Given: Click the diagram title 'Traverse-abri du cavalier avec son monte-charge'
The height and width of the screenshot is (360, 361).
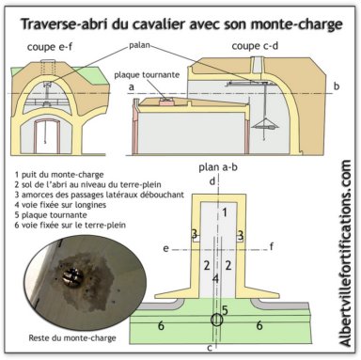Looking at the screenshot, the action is tap(181, 24).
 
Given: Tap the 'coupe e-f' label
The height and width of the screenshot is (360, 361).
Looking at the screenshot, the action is tap(50, 47).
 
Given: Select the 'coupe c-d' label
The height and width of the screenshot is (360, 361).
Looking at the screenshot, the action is tap(255, 46).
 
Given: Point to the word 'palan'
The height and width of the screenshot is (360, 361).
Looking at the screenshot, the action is tap(139, 46).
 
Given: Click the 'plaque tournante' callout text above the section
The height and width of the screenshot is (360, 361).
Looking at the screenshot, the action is tap(147, 75).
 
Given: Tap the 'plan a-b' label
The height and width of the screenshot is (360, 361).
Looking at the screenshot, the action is tap(218, 167).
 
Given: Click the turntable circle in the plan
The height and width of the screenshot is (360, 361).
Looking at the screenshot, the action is tap(216, 320).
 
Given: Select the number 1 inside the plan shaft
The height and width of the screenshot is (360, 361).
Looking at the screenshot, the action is tap(225, 212).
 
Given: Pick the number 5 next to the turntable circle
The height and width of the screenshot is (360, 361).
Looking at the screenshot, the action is tap(225, 310).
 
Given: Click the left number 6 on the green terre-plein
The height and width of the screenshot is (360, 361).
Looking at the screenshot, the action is tap(161, 326).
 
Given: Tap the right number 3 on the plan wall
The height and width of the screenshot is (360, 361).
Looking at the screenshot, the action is tap(241, 234).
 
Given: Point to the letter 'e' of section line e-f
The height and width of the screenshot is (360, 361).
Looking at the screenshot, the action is tap(165, 249).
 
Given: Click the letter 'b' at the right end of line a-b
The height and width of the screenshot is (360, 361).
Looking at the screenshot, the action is tap(337, 86).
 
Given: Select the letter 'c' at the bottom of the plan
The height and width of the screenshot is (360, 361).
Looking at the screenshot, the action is tap(210, 348).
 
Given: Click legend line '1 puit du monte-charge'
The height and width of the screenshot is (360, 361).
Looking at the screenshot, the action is tap(59, 175).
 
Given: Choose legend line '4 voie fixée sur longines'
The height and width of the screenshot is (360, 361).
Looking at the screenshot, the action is tap(60, 205).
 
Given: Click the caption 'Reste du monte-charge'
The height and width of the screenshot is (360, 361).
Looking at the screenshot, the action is tap(72, 338).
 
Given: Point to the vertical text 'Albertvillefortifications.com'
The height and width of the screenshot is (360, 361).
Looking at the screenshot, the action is tap(345, 254).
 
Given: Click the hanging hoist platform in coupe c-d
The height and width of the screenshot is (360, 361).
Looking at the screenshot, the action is tap(265, 125).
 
